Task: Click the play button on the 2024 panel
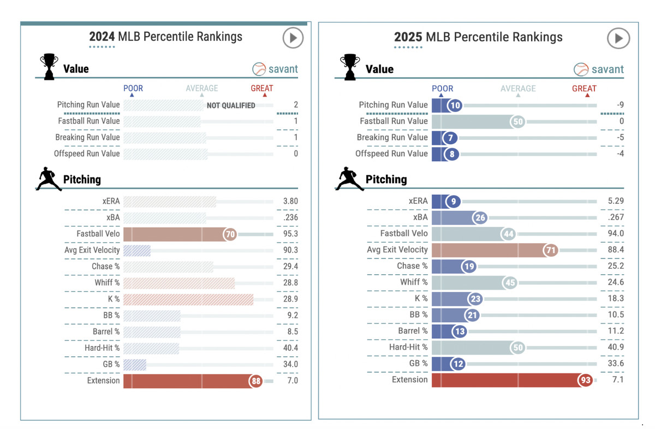[293, 38]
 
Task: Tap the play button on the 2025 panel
[618, 38]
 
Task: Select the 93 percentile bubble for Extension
[586, 380]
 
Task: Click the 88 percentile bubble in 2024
[256, 381]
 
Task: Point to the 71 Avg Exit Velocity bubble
[550, 250]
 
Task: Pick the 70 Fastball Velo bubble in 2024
[230, 234]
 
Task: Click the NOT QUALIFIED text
[231, 105]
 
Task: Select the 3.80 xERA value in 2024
[290, 201]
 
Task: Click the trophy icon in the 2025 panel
[349, 67]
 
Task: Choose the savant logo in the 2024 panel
[276, 69]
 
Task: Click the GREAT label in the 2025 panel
[584, 89]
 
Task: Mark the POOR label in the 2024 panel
[133, 89]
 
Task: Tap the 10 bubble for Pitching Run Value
[454, 105]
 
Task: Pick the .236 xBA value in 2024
[290, 218]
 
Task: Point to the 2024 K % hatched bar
[188, 299]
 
